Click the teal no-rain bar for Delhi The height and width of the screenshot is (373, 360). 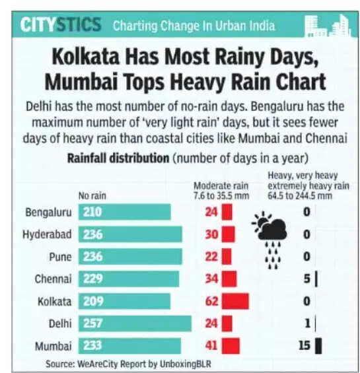coord(135,323)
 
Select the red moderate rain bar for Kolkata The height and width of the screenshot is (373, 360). coord(235,301)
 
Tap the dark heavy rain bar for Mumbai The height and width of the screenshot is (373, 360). coord(318,346)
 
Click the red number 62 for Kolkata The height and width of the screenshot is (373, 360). coord(211,301)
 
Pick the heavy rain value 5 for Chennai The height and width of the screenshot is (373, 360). coord(306,279)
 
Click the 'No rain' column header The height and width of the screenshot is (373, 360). coord(92,195)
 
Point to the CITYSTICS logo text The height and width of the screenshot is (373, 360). coord(60,25)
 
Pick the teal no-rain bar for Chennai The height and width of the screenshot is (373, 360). coord(129,279)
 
